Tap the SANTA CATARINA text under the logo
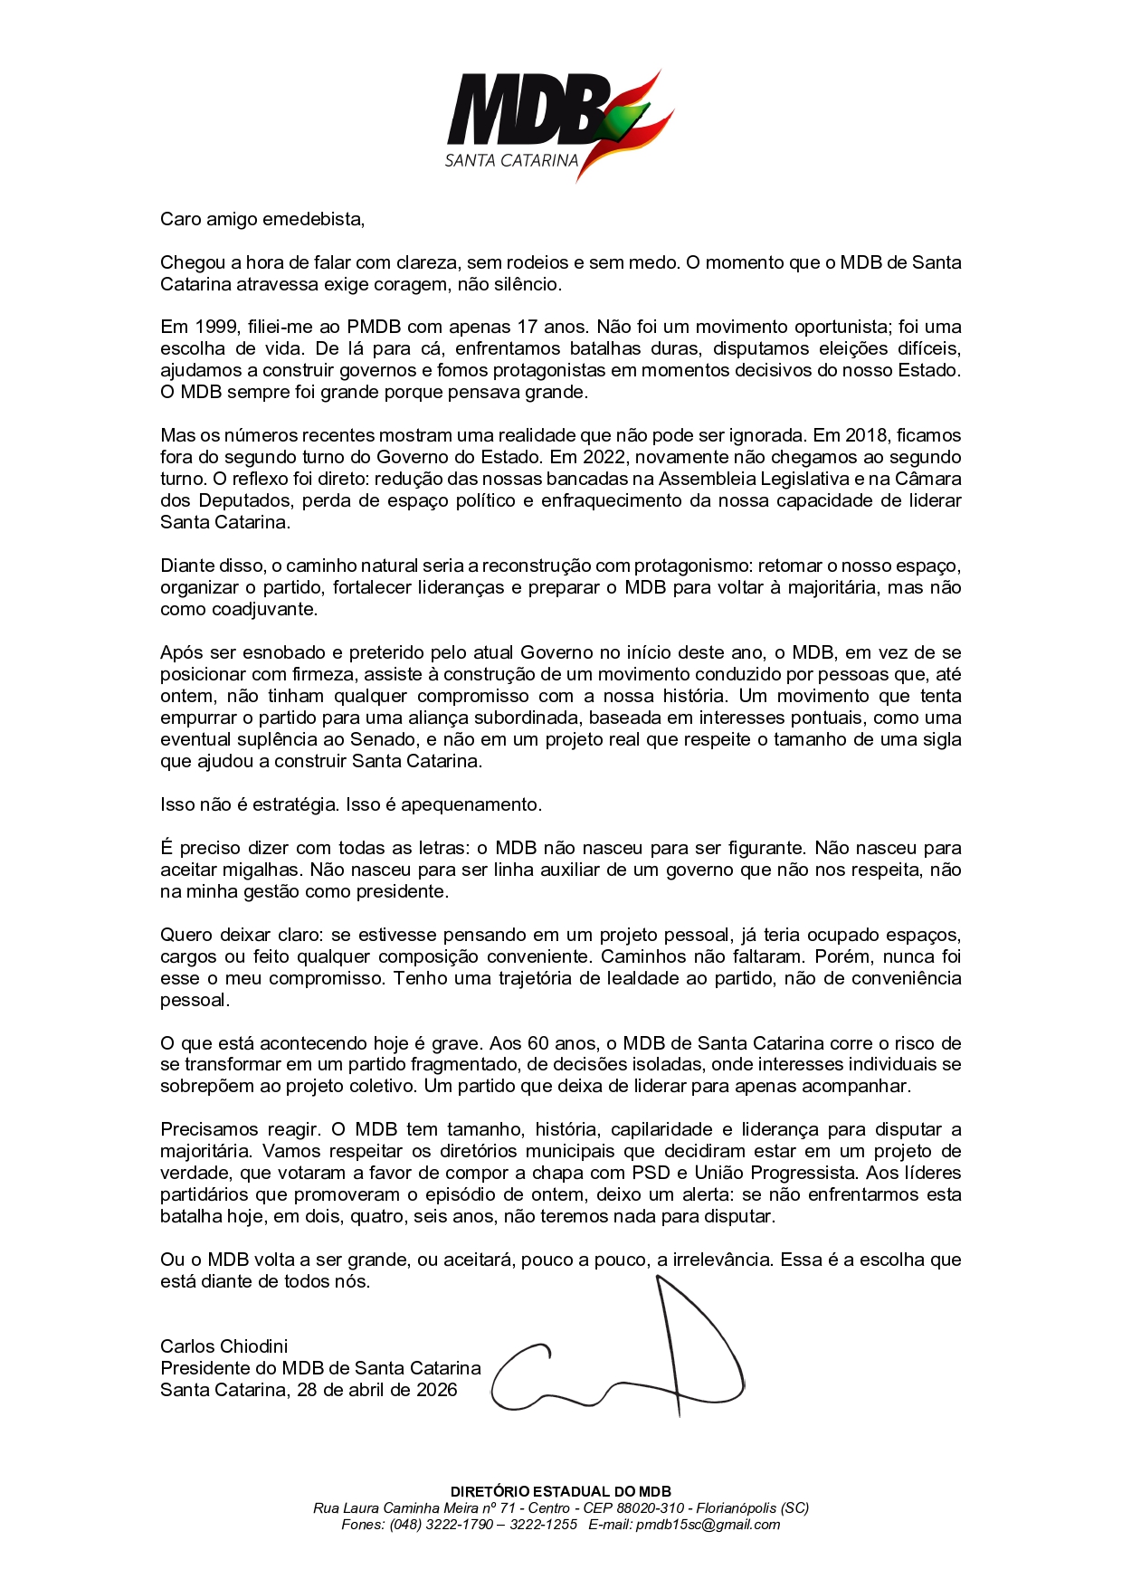coord(511,161)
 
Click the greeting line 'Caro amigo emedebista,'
coord(262,219)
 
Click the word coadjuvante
coord(264,609)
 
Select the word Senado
coord(384,739)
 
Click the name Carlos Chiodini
coord(224,1346)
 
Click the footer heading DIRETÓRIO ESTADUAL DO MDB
coord(561,1491)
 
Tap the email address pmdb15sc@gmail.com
coord(708,1524)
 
